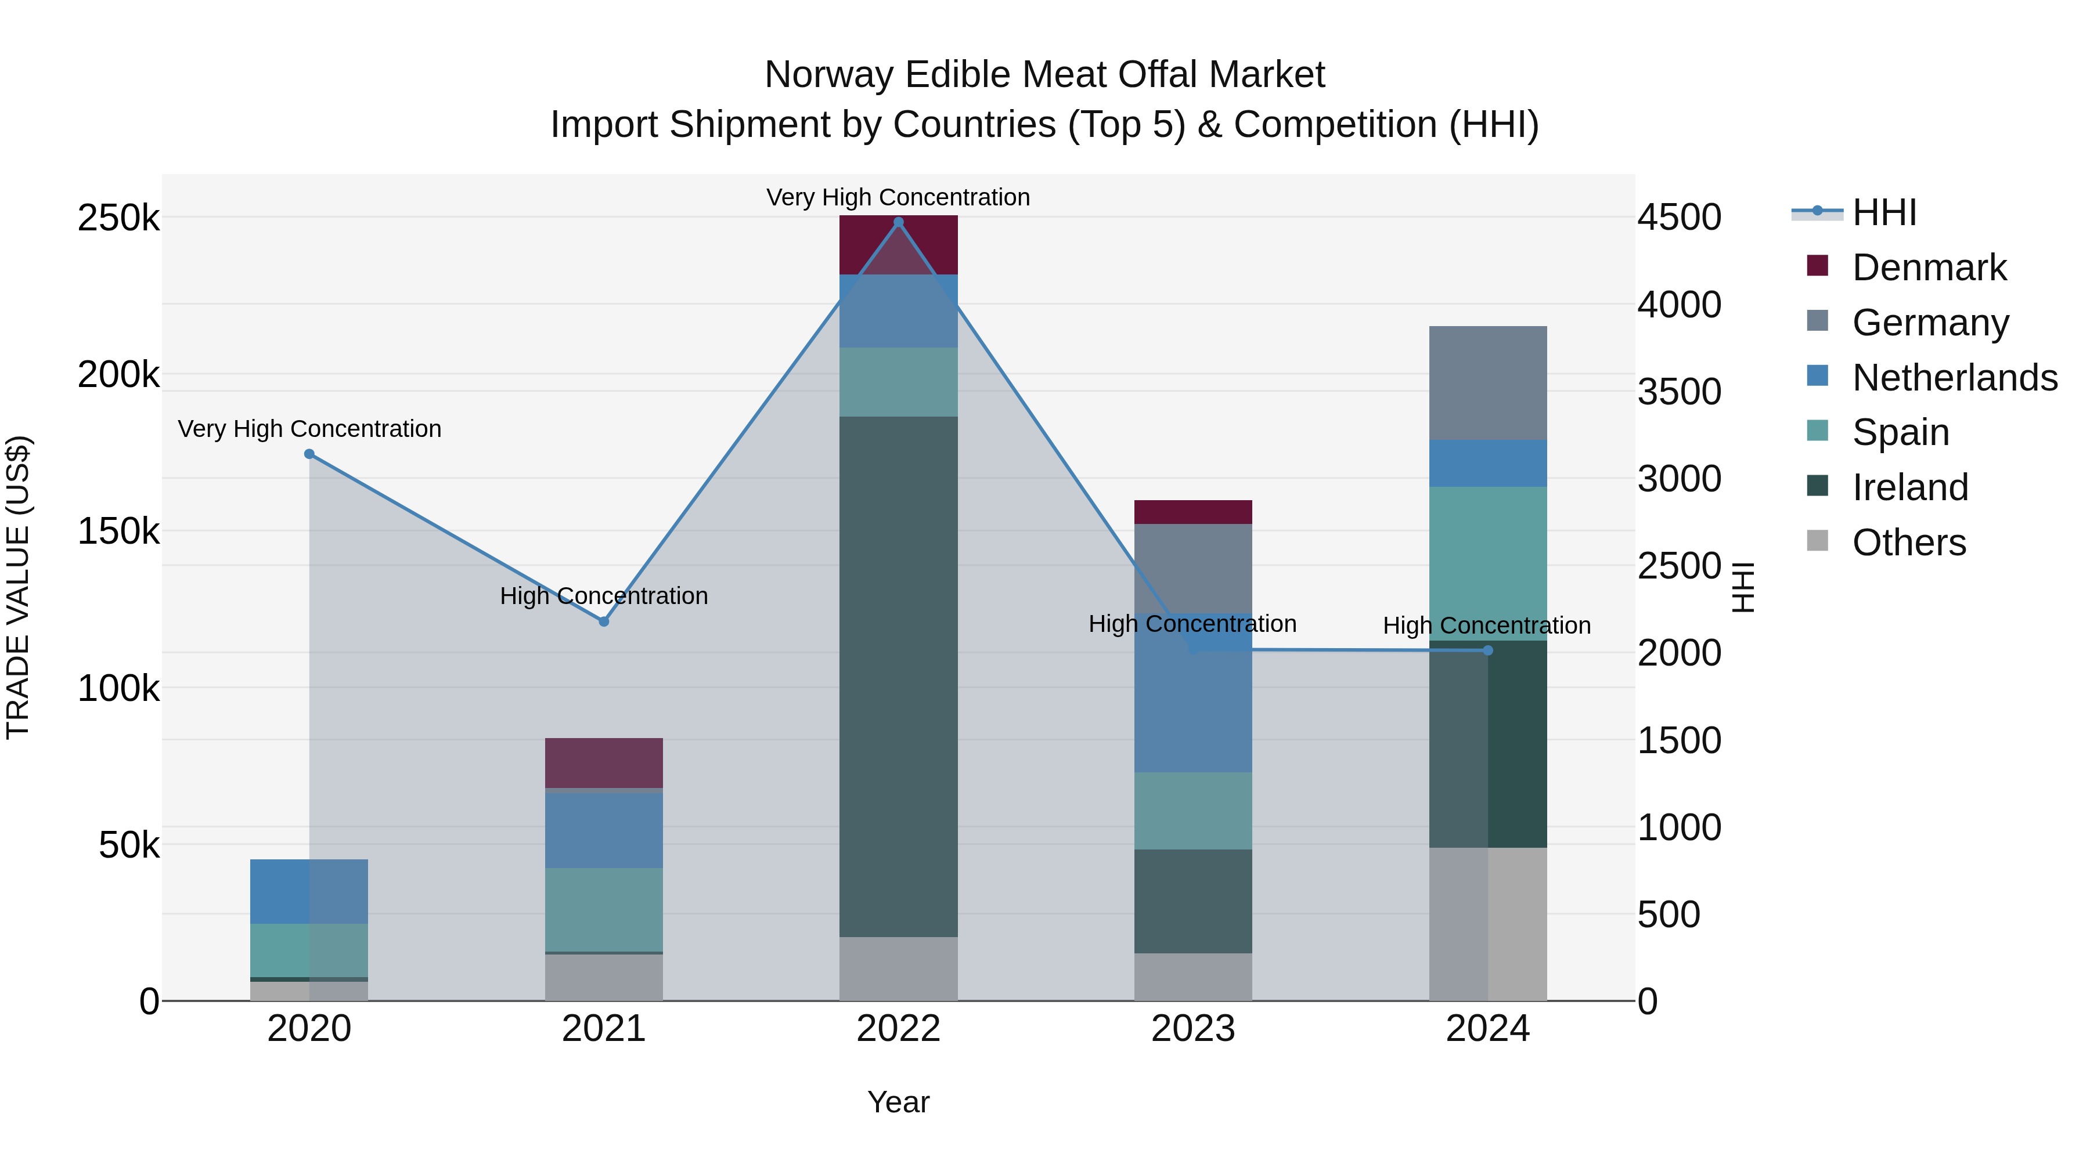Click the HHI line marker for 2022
898,222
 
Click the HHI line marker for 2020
309,454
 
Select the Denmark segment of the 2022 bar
898,245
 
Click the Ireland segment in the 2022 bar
898,677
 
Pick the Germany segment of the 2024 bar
1487,383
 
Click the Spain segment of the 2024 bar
1487,563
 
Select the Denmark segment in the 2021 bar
604,762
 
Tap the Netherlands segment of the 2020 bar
309,891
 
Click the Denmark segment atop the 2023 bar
1192,512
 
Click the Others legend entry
1908,543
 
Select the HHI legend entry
1884,212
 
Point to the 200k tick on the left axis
118,375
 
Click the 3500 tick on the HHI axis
1678,392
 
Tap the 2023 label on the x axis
1192,1029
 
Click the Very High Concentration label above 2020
309,429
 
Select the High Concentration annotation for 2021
604,596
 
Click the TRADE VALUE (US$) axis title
18,587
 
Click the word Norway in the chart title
828,75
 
